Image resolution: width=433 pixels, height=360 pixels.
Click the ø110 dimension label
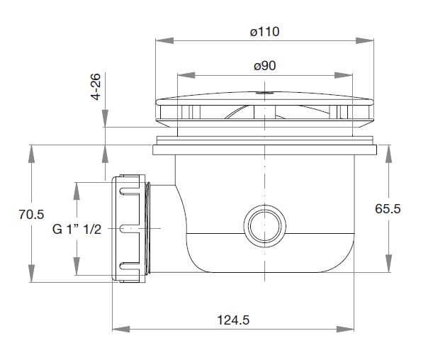[264, 32]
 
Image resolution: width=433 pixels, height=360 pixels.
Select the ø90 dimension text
[265, 66]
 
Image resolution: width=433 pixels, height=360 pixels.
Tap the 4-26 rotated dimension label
[96, 86]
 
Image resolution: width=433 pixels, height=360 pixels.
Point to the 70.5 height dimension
[31, 214]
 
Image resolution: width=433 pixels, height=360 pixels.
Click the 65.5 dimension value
[388, 209]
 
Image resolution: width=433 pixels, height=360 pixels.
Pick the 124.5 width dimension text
[233, 320]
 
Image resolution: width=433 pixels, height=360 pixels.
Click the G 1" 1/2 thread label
[77, 229]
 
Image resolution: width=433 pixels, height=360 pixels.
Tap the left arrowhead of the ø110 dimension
[164, 40]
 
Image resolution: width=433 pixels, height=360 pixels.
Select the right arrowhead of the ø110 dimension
[364, 40]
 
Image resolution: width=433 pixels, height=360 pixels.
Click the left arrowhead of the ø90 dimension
[186, 75]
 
